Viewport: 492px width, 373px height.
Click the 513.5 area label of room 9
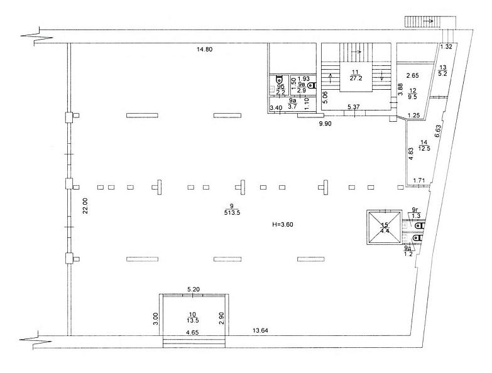(232, 212)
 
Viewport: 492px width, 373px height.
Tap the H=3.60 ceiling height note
(283, 224)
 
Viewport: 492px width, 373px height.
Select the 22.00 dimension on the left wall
(85, 205)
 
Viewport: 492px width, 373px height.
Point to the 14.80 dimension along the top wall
(205, 49)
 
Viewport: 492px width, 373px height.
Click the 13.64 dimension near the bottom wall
(260, 330)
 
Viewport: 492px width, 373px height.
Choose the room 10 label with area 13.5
(193, 317)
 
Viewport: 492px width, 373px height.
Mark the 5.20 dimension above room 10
(194, 289)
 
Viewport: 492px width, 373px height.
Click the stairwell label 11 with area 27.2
(356, 75)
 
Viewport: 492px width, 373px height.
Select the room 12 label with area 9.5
(412, 94)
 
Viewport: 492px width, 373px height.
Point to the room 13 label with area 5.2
(443, 71)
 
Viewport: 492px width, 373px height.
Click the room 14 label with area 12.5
(424, 146)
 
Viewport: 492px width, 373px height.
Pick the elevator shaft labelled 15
(385, 228)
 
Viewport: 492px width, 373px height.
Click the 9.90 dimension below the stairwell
(325, 124)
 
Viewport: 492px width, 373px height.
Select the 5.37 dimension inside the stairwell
(354, 107)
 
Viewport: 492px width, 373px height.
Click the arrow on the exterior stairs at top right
(429, 21)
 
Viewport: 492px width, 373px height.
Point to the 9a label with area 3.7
(292, 104)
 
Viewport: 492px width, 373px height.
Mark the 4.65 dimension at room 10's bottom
(192, 333)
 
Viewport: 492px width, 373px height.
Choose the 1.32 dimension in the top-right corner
(446, 47)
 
